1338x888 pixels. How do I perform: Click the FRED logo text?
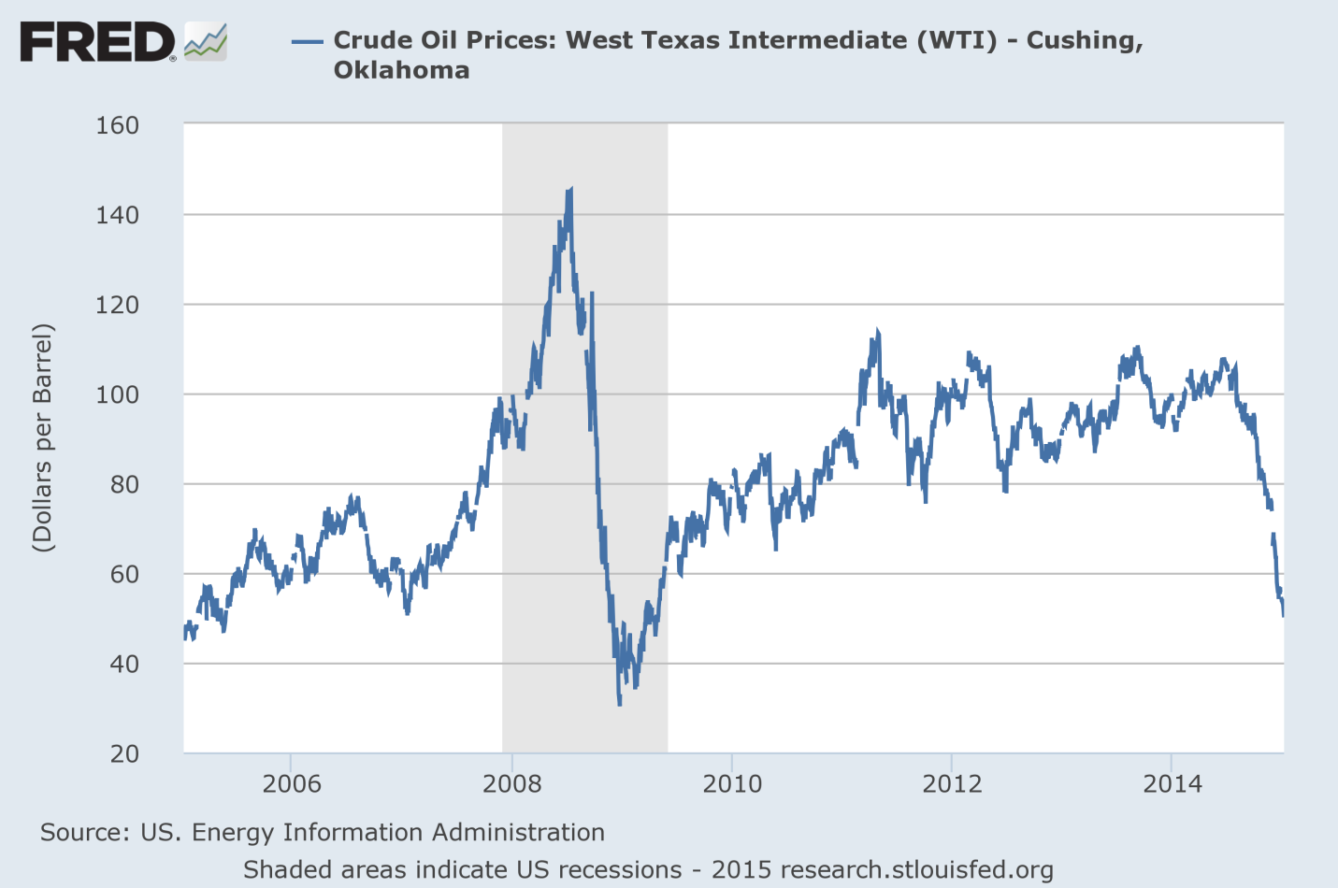pyautogui.click(x=97, y=43)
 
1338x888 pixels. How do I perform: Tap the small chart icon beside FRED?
pyautogui.click(x=205, y=42)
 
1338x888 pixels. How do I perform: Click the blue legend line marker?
pyautogui.click(x=307, y=41)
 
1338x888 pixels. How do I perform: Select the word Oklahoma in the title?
pyautogui.click(x=401, y=70)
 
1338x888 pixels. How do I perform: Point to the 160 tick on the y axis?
pyautogui.click(x=117, y=125)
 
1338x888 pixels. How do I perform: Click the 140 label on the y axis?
pyautogui.click(x=117, y=215)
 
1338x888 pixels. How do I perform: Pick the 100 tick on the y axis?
pyautogui.click(x=117, y=394)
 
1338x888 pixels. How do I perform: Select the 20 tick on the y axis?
pyautogui.click(x=123, y=753)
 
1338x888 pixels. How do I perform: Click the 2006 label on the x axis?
pyautogui.click(x=292, y=783)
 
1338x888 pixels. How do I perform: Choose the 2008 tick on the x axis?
pyautogui.click(x=511, y=783)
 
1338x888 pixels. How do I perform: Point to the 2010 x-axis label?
pyautogui.click(x=732, y=783)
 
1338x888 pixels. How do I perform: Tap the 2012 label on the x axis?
pyautogui.click(x=952, y=783)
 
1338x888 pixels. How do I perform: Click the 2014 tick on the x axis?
pyautogui.click(x=1173, y=783)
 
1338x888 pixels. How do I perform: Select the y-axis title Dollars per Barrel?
pyautogui.click(x=43, y=437)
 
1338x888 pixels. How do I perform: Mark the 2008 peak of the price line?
pyautogui.click(x=569, y=191)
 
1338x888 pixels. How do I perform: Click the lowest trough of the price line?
pyautogui.click(x=619, y=702)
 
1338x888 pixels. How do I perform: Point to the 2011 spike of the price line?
pyautogui.click(x=877, y=332)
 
